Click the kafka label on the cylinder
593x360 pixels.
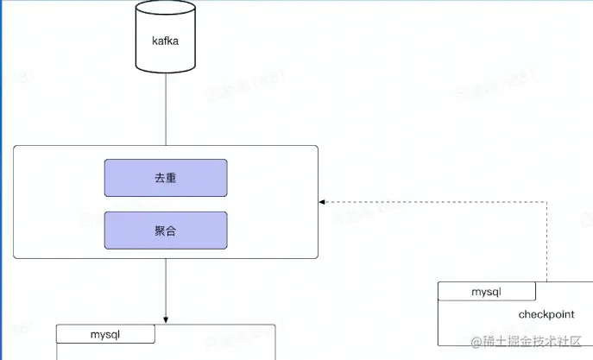[165, 41]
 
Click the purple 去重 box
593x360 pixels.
[166, 178]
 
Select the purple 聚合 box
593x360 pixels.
[166, 231]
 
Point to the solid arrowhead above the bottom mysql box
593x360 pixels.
[166, 319]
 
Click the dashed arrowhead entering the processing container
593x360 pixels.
[324, 202]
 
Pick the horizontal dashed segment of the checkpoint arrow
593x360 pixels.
[432, 202]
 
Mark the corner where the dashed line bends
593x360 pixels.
[547, 202]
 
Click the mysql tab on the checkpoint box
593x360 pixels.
[487, 292]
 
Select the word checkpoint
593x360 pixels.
[546, 314]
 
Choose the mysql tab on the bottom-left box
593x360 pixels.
[105, 333]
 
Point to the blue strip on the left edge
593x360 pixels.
[2, 216]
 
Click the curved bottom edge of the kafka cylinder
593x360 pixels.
[166, 71]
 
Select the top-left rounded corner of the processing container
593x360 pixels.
[16, 148]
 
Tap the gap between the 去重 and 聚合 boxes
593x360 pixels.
[166, 204]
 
